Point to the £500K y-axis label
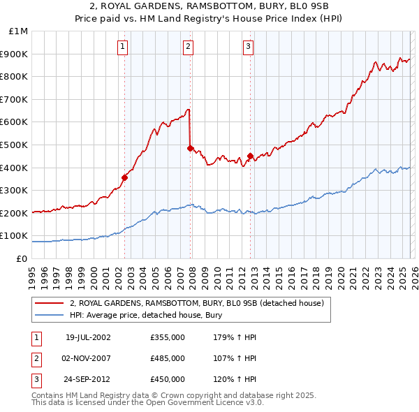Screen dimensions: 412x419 tap(15, 145)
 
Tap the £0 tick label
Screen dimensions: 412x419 tap(22, 258)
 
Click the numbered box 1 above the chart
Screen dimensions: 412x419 tap(122, 47)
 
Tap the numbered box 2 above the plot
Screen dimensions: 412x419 tap(189, 47)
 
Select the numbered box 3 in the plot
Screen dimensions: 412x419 tap(248, 47)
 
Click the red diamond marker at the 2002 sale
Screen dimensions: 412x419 tap(125, 177)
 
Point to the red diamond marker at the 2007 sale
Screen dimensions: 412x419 tap(190, 148)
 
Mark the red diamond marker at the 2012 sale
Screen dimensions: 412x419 tap(250, 156)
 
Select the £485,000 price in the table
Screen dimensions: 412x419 tap(168, 358)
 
